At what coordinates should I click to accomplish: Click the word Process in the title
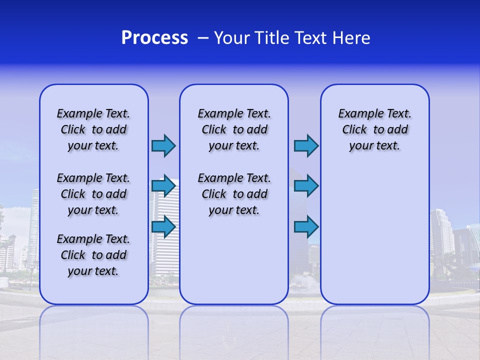(x=154, y=38)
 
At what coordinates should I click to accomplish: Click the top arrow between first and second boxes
(x=163, y=145)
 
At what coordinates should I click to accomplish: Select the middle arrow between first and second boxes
(x=163, y=186)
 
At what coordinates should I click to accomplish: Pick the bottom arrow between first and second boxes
(x=163, y=227)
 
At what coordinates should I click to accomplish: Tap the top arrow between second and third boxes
(x=306, y=146)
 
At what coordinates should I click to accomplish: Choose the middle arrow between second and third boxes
(x=306, y=186)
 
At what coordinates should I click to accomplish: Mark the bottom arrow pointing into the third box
(x=306, y=227)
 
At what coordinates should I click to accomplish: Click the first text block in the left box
(x=93, y=129)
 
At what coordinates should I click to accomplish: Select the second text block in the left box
(x=93, y=194)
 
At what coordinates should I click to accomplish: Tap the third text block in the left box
(x=93, y=255)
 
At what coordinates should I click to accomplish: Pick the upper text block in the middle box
(x=234, y=129)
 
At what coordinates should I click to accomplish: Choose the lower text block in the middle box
(x=234, y=194)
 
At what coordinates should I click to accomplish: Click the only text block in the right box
(x=374, y=129)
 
